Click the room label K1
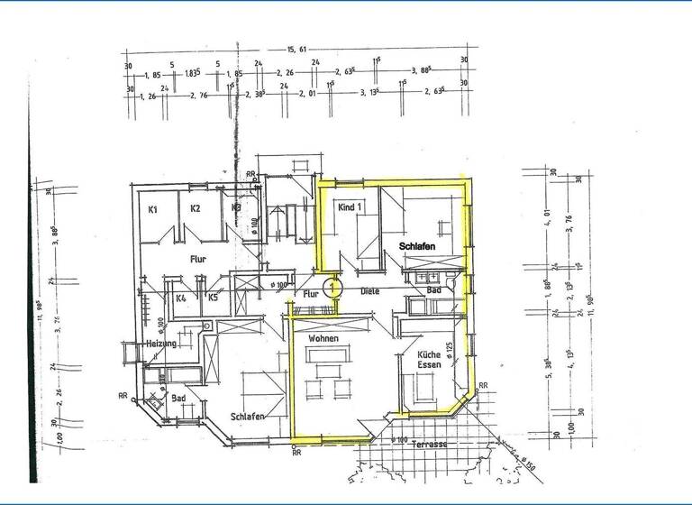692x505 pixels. (x=153, y=209)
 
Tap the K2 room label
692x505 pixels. (x=195, y=209)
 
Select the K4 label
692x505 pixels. (x=181, y=298)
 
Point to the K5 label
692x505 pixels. (x=213, y=298)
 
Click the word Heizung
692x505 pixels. (x=159, y=344)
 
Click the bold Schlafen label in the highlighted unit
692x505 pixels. (x=413, y=245)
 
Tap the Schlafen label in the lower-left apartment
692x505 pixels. (x=247, y=418)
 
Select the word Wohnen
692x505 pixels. (x=323, y=338)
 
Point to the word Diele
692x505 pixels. (x=370, y=291)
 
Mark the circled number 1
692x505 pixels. (x=334, y=288)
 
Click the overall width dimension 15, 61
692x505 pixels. (x=298, y=50)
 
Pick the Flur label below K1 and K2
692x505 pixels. (x=199, y=258)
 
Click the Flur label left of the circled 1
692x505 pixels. (x=311, y=294)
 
